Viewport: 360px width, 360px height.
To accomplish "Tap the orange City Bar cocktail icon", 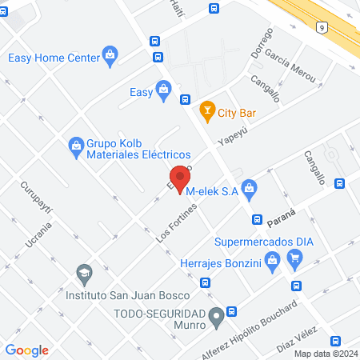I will click(x=207, y=110).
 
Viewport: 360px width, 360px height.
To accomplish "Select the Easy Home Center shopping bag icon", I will click(x=110, y=57).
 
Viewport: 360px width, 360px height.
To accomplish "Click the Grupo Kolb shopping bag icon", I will click(x=77, y=144).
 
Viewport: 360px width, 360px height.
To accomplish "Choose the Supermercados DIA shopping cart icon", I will click(x=295, y=258).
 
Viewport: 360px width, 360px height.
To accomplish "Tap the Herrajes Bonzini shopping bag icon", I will click(x=272, y=259).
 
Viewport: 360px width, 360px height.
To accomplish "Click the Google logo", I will click(x=27, y=350).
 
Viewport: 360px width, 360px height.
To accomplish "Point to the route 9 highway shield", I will click(x=321, y=26).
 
